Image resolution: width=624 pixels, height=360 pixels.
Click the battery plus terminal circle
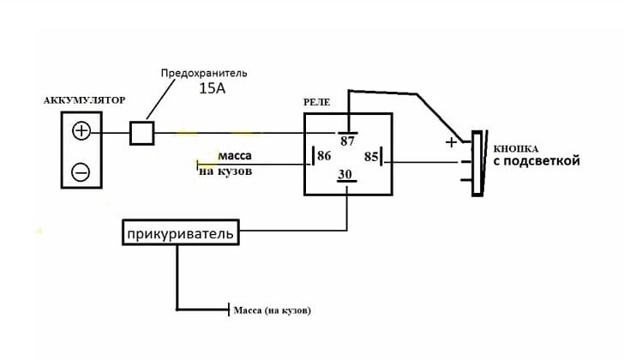(x=81, y=131)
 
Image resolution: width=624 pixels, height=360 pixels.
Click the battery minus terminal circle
(x=81, y=171)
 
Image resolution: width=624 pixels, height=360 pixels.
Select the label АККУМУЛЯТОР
(x=84, y=100)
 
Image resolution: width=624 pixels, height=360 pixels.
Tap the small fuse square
(x=141, y=133)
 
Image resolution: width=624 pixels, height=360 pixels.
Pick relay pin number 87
(x=347, y=141)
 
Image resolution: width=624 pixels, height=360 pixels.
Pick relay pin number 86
(x=324, y=157)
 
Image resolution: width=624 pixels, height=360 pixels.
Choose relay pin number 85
(x=371, y=157)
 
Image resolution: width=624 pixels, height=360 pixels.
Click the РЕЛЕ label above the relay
(x=317, y=102)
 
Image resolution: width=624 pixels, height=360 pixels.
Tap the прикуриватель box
(x=179, y=232)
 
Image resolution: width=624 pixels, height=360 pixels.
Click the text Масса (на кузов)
(x=272, y=310)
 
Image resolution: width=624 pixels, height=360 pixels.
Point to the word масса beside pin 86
(x=235, y=156)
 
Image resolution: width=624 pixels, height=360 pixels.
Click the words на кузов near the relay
(x=225, y=171)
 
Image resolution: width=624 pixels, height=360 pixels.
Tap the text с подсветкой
(x=535, y=161)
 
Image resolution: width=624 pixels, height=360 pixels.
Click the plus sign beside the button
(x=451, y=143)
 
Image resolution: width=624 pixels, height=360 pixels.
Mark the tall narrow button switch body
(x=477, y=163)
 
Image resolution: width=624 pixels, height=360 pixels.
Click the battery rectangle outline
(x=63, y=151)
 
